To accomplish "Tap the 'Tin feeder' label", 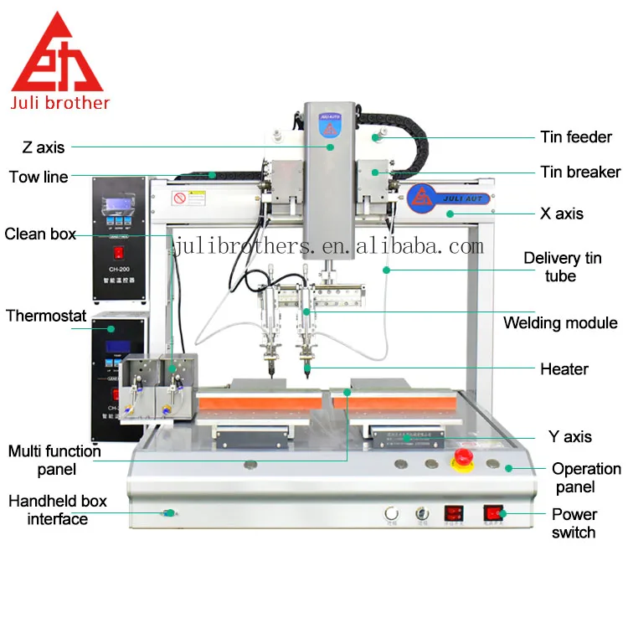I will click(576, 136).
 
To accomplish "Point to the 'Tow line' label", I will click(39, 177).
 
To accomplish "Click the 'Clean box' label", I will click(40, 234).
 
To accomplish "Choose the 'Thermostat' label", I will click(46, 316).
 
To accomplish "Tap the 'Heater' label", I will click(564, 368).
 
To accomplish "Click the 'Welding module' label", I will click(560, 322).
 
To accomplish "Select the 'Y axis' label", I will click(569, 436).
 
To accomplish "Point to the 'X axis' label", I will click(562, 214).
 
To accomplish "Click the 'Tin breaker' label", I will click(580, 172).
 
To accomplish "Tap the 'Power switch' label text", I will click(574, 523).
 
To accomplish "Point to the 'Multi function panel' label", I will click(54, 461).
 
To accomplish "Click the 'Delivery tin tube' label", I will click(563, 266).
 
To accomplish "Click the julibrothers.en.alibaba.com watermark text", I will click(328, 246).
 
